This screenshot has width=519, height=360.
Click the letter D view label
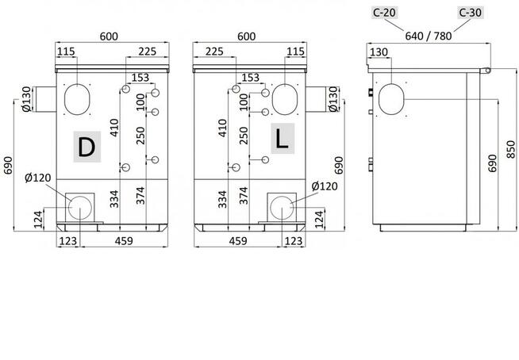(86, 147)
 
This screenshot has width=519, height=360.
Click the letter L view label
(283, 139)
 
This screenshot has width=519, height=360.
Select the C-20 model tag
(384, 13)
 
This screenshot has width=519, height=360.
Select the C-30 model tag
(470, 13)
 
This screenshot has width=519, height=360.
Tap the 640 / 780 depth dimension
(429, 36)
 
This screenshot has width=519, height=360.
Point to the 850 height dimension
(511, 150)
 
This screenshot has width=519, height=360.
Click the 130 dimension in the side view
(379, 52)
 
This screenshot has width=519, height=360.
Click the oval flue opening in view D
(77, 99)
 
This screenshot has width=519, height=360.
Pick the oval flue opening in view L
(285, 99)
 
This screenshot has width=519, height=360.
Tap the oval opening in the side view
(391, 99)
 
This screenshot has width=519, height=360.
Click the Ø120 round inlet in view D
(80, 208)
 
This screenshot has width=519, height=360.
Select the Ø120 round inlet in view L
(282, 208)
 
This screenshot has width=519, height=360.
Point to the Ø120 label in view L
(325, 186)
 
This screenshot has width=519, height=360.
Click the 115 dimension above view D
(66, 52)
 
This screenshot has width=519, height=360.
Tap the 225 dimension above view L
(214, 52)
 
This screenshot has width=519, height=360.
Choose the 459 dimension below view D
(124, 241)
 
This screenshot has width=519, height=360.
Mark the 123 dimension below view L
(294, 241)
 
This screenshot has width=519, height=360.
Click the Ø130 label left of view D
(26, 99)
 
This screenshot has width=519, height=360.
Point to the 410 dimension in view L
(222, 128)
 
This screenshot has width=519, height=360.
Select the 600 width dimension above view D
(109, 36)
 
